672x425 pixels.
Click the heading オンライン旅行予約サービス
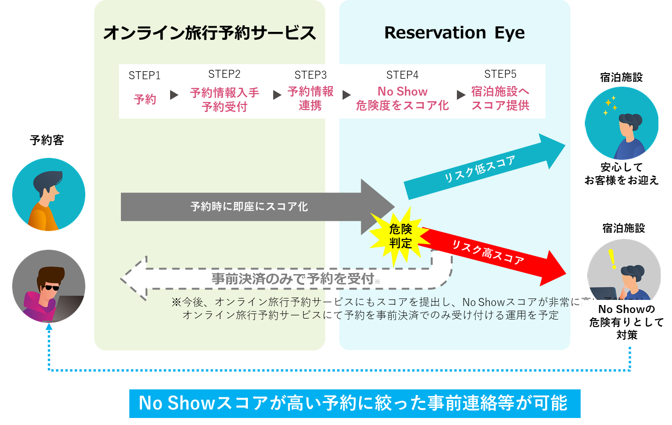pos(209,33)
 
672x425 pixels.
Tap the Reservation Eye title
pos(454,33)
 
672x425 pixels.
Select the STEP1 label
pos(144,75)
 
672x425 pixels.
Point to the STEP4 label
pos(402,75)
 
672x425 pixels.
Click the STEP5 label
pos(500,74)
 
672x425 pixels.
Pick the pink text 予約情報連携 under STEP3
pos(310,98)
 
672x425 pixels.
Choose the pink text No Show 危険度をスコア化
pos(402,98)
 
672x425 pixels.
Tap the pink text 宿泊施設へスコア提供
pos(500,98)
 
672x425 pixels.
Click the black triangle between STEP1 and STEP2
pos(174,95)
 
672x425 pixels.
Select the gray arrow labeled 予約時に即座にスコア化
pos(249,207)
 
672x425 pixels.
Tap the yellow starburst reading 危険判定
pos(400,236)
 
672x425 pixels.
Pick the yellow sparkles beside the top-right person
pos(610,105)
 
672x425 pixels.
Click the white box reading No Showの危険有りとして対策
pos(627,322)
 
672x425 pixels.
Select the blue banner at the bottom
pos(354,403)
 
